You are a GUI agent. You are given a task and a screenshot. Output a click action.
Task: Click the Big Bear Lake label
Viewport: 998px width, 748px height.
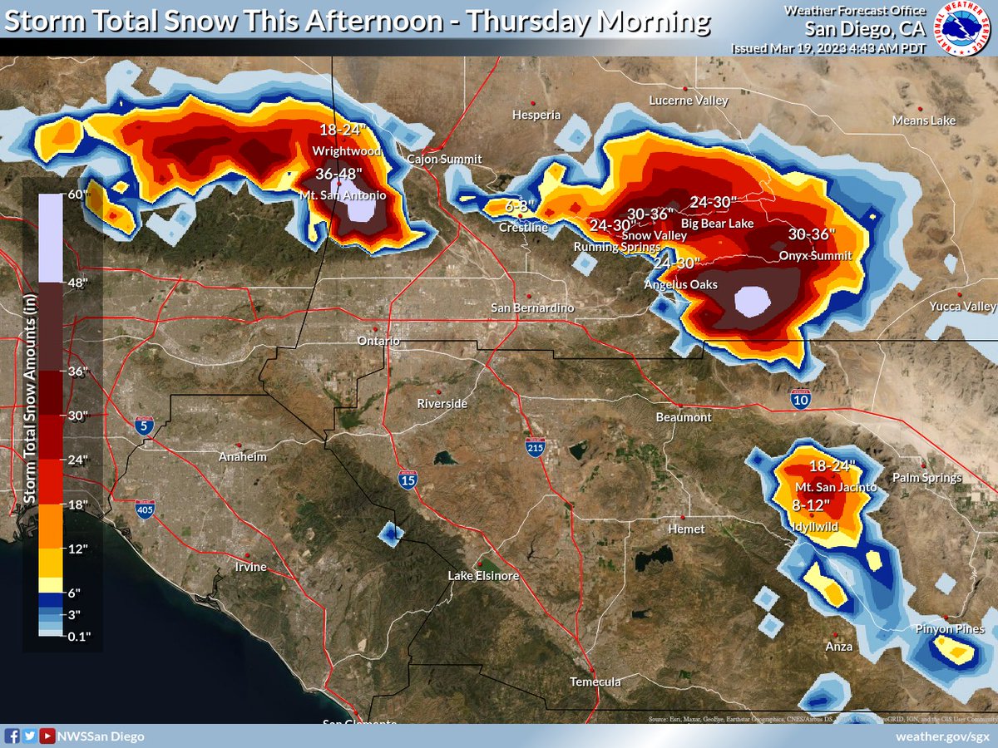coord(717,224)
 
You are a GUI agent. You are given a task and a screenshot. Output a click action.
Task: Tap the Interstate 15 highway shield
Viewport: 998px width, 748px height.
coord(408,481)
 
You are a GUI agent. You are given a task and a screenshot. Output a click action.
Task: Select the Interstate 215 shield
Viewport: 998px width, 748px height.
coord(535,448)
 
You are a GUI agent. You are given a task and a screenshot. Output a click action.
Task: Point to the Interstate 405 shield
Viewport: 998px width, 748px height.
coord(145,509)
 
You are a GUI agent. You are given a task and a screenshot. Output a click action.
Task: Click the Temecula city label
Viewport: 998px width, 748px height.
coord(595,682)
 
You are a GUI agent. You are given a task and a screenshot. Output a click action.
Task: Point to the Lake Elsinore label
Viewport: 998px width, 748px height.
coord(483,576)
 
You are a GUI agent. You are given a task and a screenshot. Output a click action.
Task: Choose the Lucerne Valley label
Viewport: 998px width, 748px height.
coord(688,101)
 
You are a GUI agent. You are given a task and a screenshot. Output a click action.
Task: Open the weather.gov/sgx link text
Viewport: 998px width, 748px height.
coord(941,736)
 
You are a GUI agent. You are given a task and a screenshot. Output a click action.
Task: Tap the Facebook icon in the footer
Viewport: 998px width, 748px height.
coord(12,736)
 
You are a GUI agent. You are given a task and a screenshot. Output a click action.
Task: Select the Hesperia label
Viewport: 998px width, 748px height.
coord(536,115)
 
